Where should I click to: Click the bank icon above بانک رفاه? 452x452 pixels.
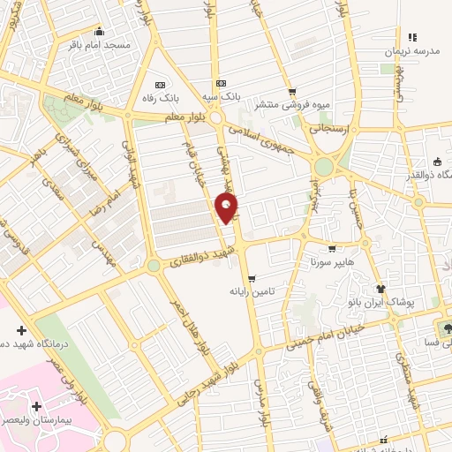(x=159, y=74)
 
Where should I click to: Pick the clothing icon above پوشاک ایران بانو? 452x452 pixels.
(x=380, y=288)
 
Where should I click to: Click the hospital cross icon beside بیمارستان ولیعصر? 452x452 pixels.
(x=35, y=407)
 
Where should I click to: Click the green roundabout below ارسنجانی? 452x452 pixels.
(x=324, y=166)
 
